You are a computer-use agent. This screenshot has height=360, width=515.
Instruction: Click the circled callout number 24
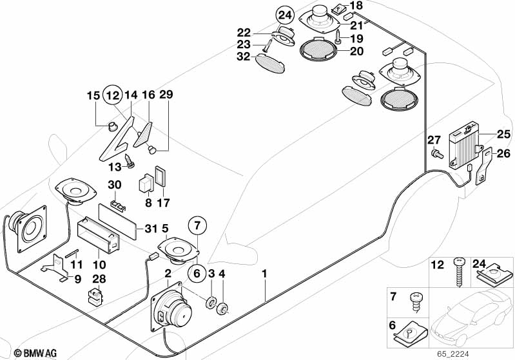point(285,15)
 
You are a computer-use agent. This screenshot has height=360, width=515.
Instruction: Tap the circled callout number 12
point(113,95)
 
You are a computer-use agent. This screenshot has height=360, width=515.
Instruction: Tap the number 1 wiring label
point(264,274)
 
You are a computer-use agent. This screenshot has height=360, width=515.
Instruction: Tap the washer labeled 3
point(210,303)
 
